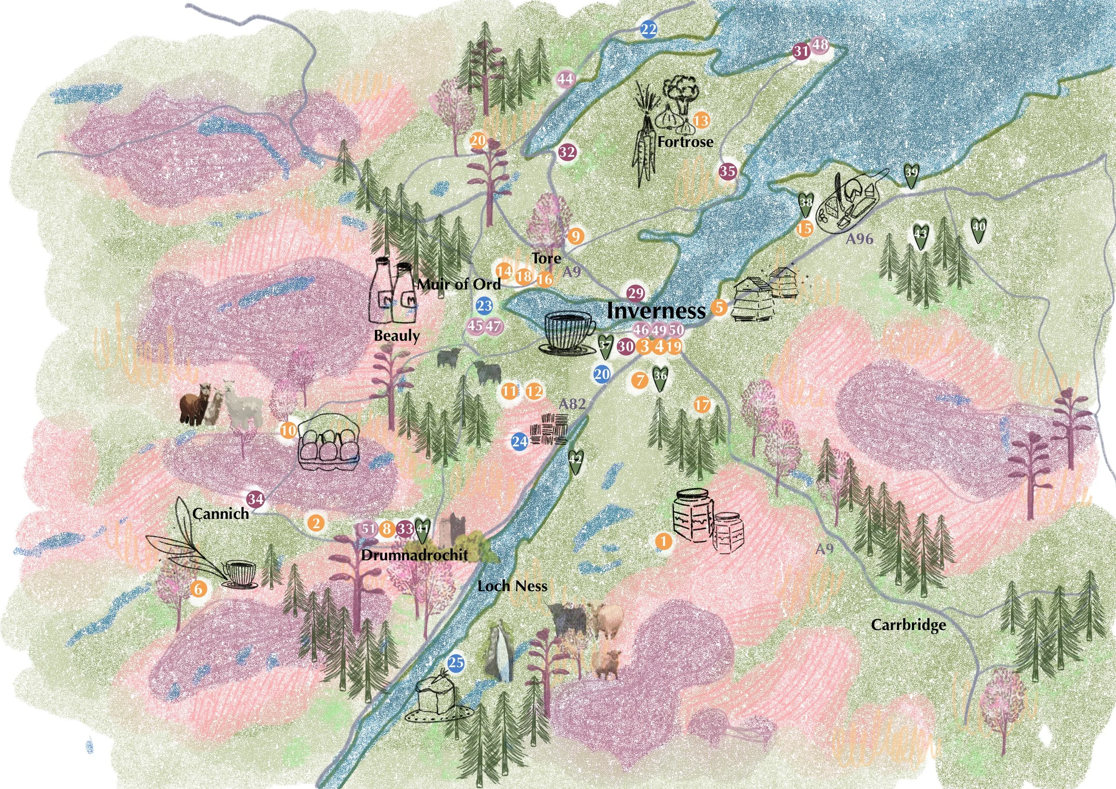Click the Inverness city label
click(x=656, y=311)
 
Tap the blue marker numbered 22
click(x=649, y=29)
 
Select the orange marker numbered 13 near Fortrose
click(x=701, y=120)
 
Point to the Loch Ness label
click(x=512, y=586)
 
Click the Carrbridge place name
click(x=908, y=625)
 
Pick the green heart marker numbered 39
click(x=912, y=175)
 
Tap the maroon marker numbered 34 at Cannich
click(x=256, y=499)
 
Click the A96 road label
click(x=859, y=239)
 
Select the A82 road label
click(x=571, y=405)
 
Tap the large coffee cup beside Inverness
click(x=568, y=332)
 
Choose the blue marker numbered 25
click(x=455, y=663)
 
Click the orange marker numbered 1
click(x=663, y=541)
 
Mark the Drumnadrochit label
click(x=415, y=555)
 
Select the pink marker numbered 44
click(x=565, y=79)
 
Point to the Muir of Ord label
click(x=459, y=284)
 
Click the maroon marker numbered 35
click(x=728, y=171)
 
